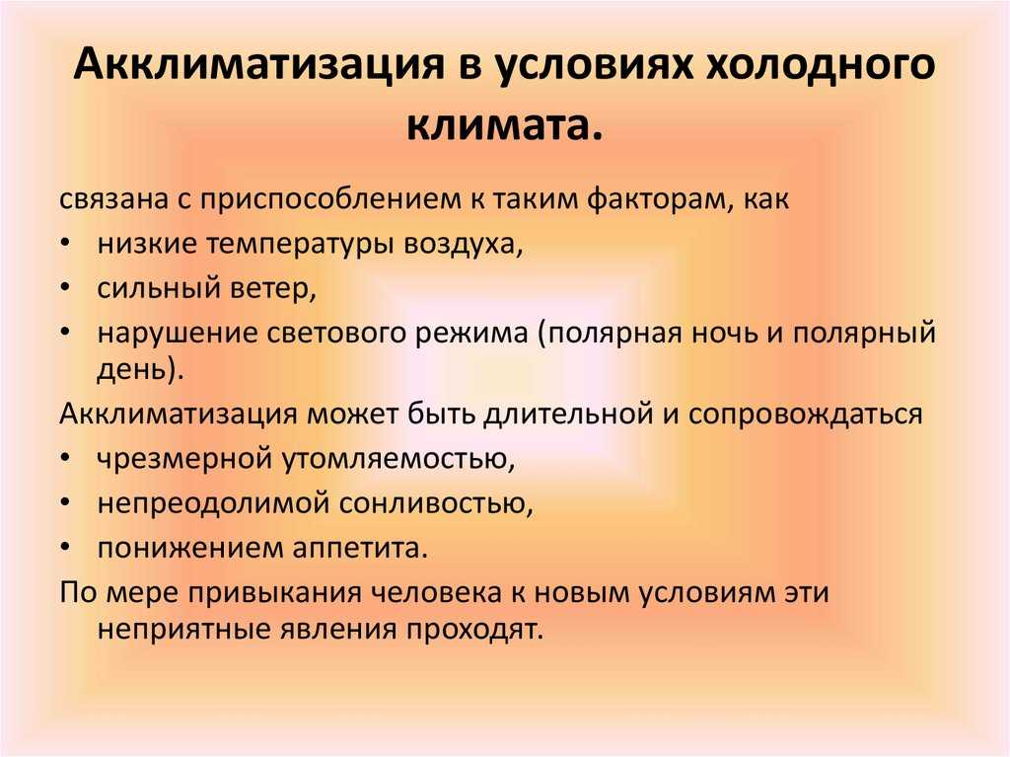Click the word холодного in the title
[821, 65]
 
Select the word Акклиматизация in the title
[259, 66]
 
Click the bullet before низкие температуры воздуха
[66, 244]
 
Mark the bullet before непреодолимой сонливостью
[66, 503]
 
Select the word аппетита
[360, 548]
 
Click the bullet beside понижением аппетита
[66, 547]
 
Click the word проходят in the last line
[475, 630]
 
